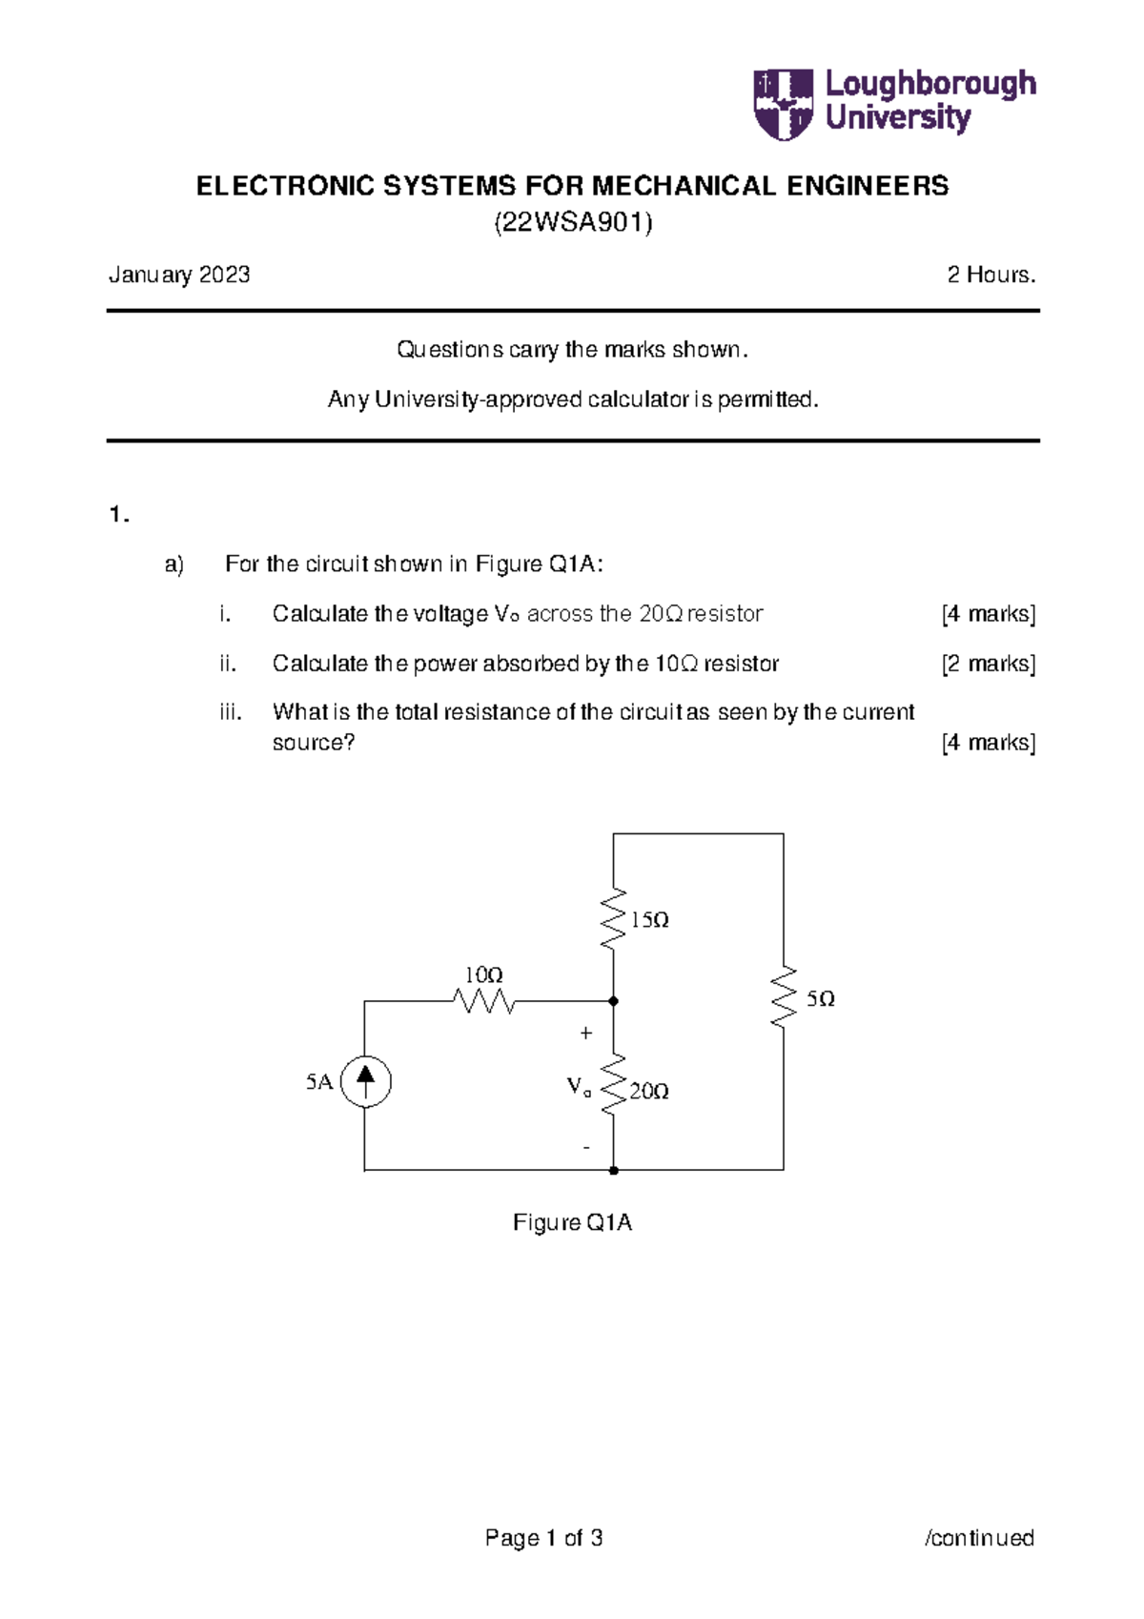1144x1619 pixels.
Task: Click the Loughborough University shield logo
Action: [783, 103]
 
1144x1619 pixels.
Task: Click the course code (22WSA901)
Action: [572, 223]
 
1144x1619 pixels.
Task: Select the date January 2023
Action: [179, 276]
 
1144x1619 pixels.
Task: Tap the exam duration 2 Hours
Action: [991, 276]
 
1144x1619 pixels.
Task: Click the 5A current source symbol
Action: [365, 1081]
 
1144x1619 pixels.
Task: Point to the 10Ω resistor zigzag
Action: [484, 1001]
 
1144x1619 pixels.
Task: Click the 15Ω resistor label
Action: [649, 920]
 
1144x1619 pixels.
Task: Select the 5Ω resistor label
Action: [820, 999]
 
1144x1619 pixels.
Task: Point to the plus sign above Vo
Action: [586, 1033]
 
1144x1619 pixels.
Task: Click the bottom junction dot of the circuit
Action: [613, 1170]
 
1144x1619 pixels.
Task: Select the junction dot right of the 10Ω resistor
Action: [613, 1001]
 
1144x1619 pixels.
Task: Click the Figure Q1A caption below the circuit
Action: [572, 1223]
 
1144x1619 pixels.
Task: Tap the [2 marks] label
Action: [988, 664]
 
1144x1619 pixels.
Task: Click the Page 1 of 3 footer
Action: [543, 1538]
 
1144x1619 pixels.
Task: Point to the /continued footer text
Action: [979, 1538]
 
